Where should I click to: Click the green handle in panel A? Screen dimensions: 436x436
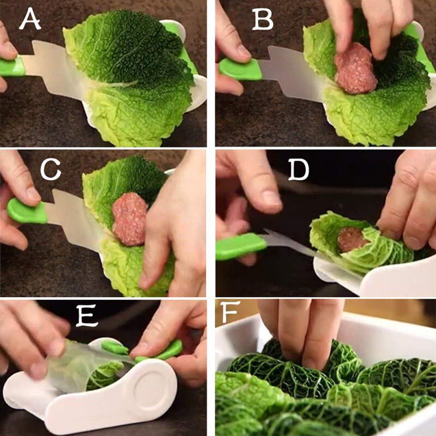13,66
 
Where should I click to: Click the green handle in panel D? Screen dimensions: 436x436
240,246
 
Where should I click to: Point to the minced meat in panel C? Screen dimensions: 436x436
130,218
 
